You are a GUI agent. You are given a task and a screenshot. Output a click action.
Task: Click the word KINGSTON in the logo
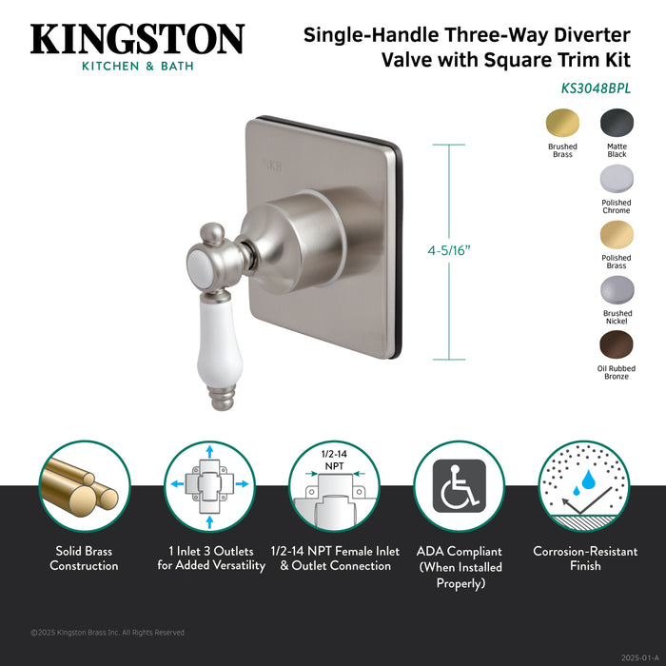click(x=137, y=39)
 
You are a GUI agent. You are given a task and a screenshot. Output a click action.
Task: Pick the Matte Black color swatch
click(x=617, y=125)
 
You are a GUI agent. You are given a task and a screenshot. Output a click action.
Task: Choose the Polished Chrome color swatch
click(x=617, y=180)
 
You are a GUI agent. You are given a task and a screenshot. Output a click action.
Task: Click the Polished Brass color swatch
click(x=617, y=236)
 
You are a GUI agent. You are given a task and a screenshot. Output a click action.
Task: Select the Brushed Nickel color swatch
click(x=617, y=292)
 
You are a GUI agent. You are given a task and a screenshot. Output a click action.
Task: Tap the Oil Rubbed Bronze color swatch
click(x=617, y=347)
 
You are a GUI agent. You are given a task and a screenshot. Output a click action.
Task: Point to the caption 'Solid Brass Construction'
click(x=85, y=558)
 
